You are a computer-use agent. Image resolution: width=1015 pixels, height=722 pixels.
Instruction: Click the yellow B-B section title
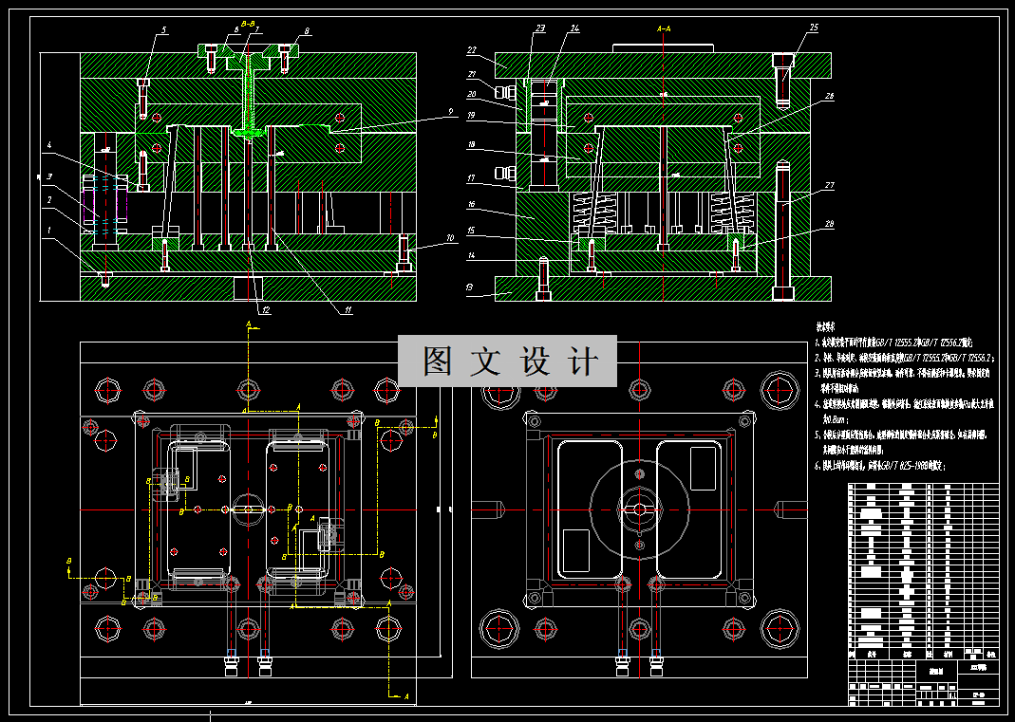pyautogui.click(x=246, y=23)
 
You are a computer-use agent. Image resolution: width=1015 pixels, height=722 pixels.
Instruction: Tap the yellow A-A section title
pyautogui.click(x=666, y=29)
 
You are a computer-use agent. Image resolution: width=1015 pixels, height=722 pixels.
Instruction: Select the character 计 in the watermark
pyautogui.click(x=586, y=361)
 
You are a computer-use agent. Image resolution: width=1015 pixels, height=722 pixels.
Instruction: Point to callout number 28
pyautogui.click(x=830, y=224)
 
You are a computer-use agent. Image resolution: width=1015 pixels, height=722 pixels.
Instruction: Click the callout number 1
pyautogui.click(x=47, y=231)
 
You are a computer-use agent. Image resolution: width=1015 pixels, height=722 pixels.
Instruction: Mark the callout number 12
pyautogui.click(x=267, y=310)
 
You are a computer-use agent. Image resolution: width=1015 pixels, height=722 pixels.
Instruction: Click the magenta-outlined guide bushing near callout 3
pyautogui.click(x=89, y=211)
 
